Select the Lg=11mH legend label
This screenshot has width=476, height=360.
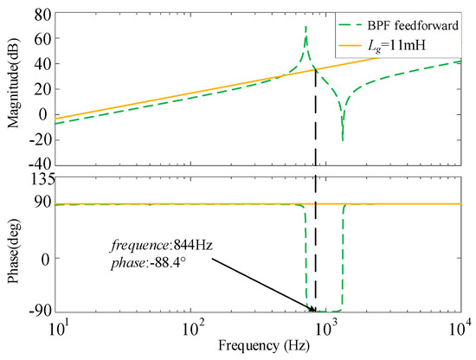(x=406, y=42)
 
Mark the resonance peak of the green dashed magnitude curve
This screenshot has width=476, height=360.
(x=306, y=27)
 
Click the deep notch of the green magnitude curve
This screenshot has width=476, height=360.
(x=343, y=139)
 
